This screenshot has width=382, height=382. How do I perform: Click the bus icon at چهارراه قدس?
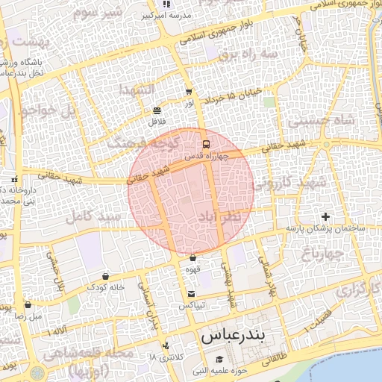point(205,144)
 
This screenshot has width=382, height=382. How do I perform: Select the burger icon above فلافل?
point(157,110)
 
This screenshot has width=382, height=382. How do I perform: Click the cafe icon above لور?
point(189,93)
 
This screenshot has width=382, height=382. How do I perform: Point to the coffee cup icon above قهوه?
point(192,258)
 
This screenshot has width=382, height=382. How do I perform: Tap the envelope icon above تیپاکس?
point(192,294)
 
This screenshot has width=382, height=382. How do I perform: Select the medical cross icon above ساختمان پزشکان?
point(325,216)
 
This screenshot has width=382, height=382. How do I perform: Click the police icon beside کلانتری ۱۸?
point(165,346)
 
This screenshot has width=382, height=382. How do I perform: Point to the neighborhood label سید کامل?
point(93,216)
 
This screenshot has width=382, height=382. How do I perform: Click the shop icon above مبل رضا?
point(28,304)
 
